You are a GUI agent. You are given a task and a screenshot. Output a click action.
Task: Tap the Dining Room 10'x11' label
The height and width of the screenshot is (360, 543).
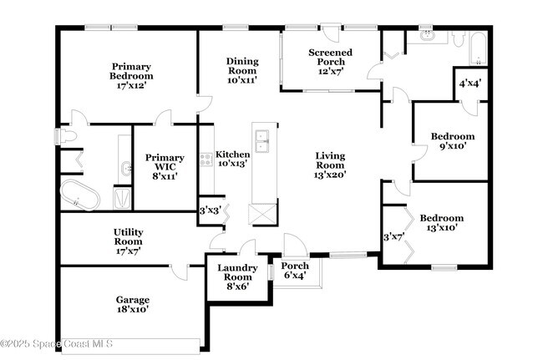click(x=242, y=70)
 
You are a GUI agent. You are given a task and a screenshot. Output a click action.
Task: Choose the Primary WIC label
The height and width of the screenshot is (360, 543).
click(x=165, y=166)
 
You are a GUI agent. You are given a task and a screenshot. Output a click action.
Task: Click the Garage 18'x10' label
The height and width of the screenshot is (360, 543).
click(x=132, y=304)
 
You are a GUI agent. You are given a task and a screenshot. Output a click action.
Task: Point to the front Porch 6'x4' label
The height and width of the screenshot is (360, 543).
click(x=294, y=271)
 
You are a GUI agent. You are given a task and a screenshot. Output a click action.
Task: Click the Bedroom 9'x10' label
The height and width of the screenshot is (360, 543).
click(x=453, y=140)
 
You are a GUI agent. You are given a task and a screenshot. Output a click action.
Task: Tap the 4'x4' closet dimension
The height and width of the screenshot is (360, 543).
click(x=469, y=83)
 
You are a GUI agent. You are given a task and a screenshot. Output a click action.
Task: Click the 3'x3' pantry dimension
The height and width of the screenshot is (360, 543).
click(x=209, y=210)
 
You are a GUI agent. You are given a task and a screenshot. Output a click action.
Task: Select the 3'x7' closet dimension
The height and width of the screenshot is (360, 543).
click(x=392, y=237)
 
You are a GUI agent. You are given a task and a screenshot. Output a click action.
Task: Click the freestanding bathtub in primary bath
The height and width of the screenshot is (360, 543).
click(x=80, y=197)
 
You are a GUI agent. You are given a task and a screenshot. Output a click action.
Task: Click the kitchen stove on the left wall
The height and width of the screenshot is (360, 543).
click(x=206, y=158)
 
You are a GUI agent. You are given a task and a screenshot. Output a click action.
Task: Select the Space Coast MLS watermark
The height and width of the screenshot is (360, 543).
click(x=57, y=344)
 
